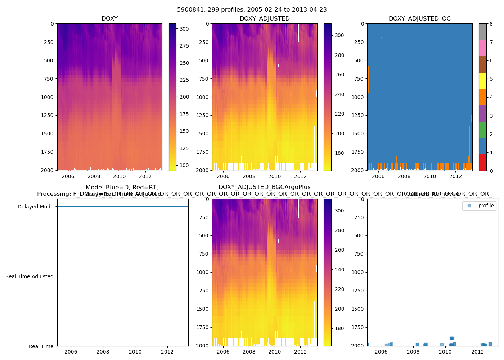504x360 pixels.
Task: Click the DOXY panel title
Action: [109, 19]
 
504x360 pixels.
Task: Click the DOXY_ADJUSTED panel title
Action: [265, 19]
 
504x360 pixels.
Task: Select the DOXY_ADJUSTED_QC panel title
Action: [419, 19]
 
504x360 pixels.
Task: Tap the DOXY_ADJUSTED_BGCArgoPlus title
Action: [265, 187]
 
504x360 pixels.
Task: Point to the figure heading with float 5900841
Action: [252, 10]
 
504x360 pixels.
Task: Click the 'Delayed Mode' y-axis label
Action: [35, 207]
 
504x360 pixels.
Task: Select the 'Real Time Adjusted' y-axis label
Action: [30, 276]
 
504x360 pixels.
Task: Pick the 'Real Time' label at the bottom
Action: [41, 346]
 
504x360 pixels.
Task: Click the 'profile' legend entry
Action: [486, 206]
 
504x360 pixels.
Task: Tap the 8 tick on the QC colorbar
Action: [491, 24]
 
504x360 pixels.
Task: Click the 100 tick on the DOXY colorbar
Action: [184, 165]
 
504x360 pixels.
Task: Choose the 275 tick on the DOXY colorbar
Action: [184, 46]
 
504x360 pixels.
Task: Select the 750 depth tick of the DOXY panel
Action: [49, 79]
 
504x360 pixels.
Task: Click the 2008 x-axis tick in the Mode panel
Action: [103, 352]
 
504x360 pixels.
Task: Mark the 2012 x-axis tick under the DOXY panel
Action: [145, 176]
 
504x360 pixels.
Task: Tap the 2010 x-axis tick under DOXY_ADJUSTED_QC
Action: [429, 176]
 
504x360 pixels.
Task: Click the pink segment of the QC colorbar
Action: [482, 48]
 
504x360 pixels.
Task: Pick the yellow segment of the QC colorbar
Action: [482, 81]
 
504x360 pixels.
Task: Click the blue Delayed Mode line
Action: [122, 207]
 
